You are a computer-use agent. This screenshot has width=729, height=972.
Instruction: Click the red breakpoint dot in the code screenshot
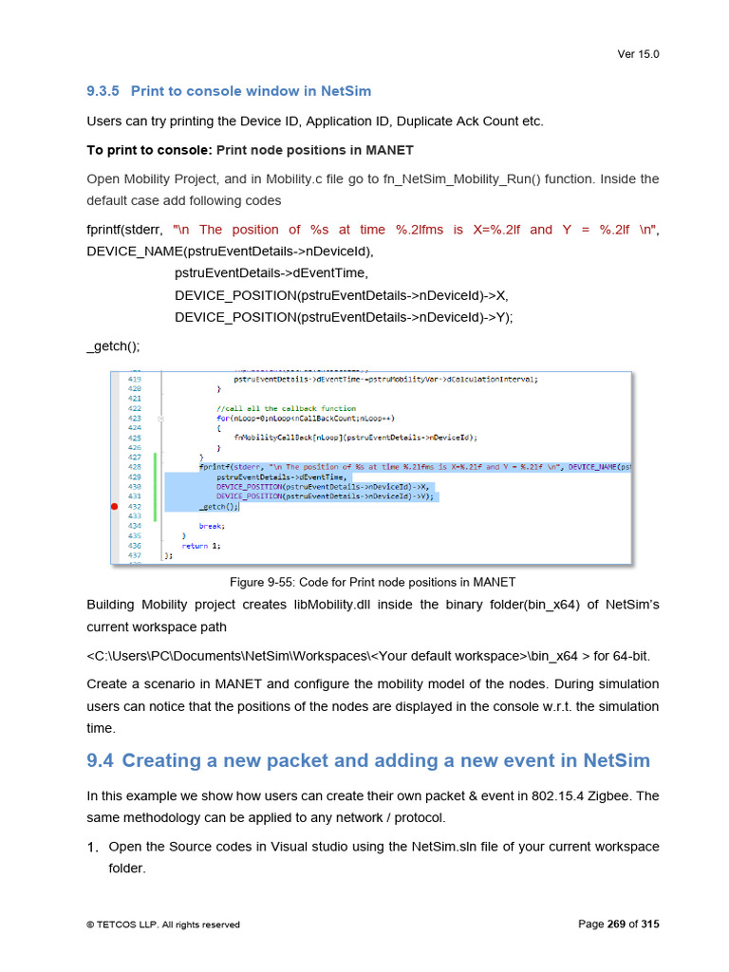click(x=115, y=507)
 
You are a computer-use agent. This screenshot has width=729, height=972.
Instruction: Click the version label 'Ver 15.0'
click(x=638, y=54)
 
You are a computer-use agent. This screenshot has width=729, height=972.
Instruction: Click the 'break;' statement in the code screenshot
click(x=211, y=526)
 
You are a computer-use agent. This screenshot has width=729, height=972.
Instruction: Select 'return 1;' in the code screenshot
click(x=200, y=546)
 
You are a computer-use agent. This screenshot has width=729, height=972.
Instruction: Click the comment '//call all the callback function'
click(x=273, y=408)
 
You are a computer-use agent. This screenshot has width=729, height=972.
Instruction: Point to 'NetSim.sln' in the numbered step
click(x=444, y=847)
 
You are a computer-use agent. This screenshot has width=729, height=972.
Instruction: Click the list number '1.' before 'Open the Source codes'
click(x=93, y=847)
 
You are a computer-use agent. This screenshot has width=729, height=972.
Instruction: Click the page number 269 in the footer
click(x=616, y=925)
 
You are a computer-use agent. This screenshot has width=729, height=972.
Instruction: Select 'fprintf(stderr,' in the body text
click(x=125, y=230)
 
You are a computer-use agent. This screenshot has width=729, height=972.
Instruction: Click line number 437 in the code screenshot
click(x=135, y=555)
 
